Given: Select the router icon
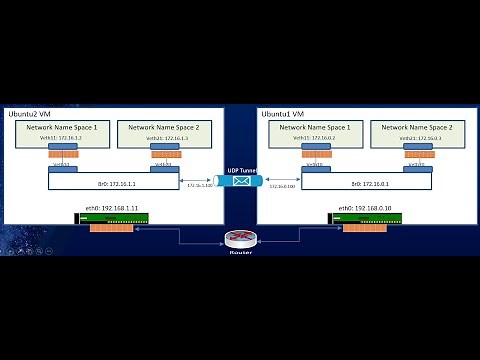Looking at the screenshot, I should (x=239, y=238).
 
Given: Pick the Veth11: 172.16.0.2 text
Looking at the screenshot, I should (x=315, y=139).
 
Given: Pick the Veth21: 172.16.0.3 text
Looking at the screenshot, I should (x=416, y=139).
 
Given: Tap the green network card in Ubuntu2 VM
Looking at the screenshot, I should (x=112, y=218).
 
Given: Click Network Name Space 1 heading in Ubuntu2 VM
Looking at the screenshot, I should (x=64, y=127).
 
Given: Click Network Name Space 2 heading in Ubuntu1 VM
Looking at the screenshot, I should (x=418, y=127).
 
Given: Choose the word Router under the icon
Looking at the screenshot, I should (x=239, y=252).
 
